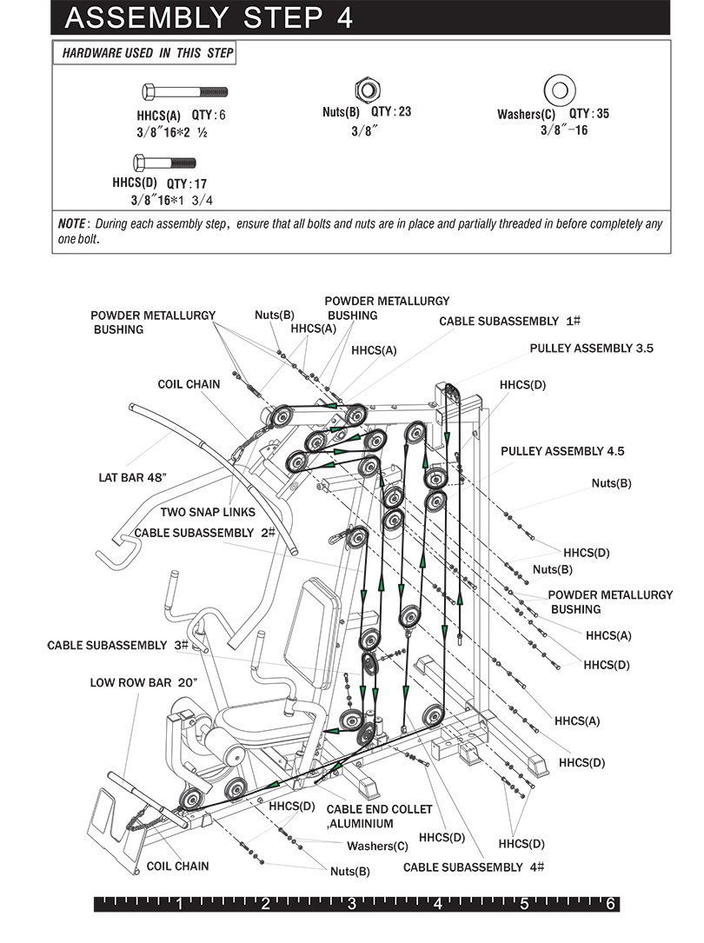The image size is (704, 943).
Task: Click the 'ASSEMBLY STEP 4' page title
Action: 209,17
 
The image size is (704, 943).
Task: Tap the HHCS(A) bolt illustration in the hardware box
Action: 183,90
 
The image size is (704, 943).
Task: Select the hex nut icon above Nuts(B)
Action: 366,89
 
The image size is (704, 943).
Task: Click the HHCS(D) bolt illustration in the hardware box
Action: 164,162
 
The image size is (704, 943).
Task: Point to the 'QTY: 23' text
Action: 391,111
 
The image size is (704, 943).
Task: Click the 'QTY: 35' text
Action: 589,114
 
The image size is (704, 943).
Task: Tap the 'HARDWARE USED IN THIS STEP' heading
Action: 147,54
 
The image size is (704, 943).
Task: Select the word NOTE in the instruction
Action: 72,223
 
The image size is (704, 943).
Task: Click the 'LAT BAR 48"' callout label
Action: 132,477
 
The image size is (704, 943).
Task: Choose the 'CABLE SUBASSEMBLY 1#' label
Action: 509,321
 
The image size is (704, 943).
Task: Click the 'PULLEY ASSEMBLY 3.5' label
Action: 591,348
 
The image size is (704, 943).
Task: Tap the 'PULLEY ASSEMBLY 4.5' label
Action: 562,451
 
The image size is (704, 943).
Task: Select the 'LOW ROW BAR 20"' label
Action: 143,682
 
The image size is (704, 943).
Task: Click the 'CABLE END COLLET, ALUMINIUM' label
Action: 379,816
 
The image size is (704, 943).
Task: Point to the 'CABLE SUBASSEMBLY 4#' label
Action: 474,867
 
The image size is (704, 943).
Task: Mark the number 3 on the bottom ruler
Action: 352,904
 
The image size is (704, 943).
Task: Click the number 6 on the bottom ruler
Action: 611,904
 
